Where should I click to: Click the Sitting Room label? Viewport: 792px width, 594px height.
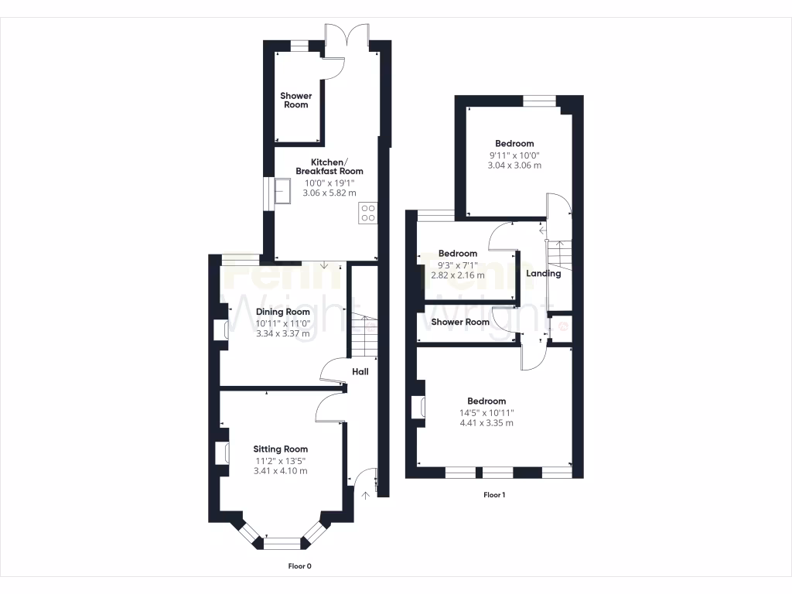281,449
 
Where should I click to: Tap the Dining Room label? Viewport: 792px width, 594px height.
283,312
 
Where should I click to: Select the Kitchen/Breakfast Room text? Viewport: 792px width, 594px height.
326,166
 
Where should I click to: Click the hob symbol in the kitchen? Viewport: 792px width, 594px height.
368,213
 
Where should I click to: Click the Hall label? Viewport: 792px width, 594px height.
360,372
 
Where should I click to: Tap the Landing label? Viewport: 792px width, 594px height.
543,273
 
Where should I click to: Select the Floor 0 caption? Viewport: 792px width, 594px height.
300,566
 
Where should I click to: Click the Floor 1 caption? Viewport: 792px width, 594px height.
494,494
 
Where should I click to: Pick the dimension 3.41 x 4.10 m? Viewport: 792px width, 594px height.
281,471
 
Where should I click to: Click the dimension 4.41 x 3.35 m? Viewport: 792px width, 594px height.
486,423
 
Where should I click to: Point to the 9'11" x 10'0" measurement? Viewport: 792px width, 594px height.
514,155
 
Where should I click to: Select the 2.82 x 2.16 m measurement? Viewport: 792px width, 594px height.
458,275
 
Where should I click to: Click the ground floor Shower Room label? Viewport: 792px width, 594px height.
296,100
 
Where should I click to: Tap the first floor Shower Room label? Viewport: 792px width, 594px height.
460,322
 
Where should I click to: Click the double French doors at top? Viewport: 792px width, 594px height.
346,36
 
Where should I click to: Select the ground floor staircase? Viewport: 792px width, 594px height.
364,329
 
